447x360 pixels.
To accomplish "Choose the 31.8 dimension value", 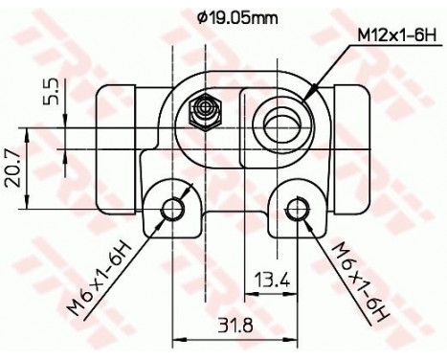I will [x=235, y=325].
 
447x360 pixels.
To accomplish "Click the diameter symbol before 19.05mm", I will [x=199, y=16].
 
